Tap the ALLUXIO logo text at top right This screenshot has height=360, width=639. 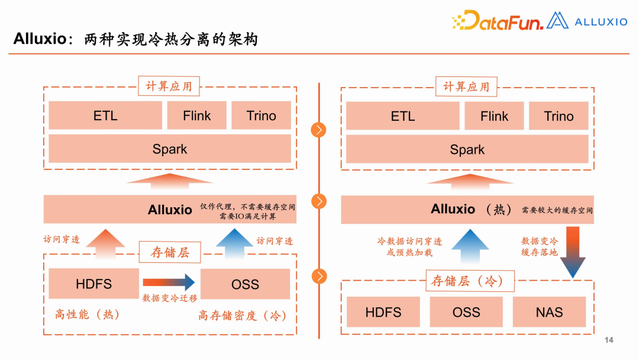(601, 22)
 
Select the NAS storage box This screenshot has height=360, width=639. (549, 311)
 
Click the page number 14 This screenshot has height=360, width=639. (609, 340)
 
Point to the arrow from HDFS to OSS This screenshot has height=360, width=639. (169, 282)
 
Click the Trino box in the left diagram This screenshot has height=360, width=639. (261, 115)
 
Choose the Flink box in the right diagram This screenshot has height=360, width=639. (494, 116)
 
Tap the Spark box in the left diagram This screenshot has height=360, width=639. (170, 149)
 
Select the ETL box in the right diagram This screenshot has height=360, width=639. (402, 116)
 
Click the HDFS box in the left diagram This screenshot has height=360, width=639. (93, 284)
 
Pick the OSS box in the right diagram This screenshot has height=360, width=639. (466, 311)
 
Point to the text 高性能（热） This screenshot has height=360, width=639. (87, 314)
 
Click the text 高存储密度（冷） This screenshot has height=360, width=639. (243, 316)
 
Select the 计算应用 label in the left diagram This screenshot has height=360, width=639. (169, 86)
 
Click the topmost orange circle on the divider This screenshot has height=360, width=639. (319, 129)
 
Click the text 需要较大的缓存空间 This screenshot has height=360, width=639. (557, 210)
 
